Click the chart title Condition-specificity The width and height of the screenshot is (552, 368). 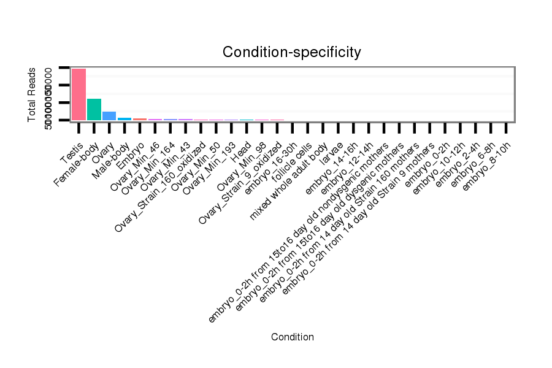291,52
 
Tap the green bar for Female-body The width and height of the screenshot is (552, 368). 94,109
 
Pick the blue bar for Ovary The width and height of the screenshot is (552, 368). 109,116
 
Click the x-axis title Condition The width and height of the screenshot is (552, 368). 292,337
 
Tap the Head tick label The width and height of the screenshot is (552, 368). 240,150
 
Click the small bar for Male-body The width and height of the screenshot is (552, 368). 125,118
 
